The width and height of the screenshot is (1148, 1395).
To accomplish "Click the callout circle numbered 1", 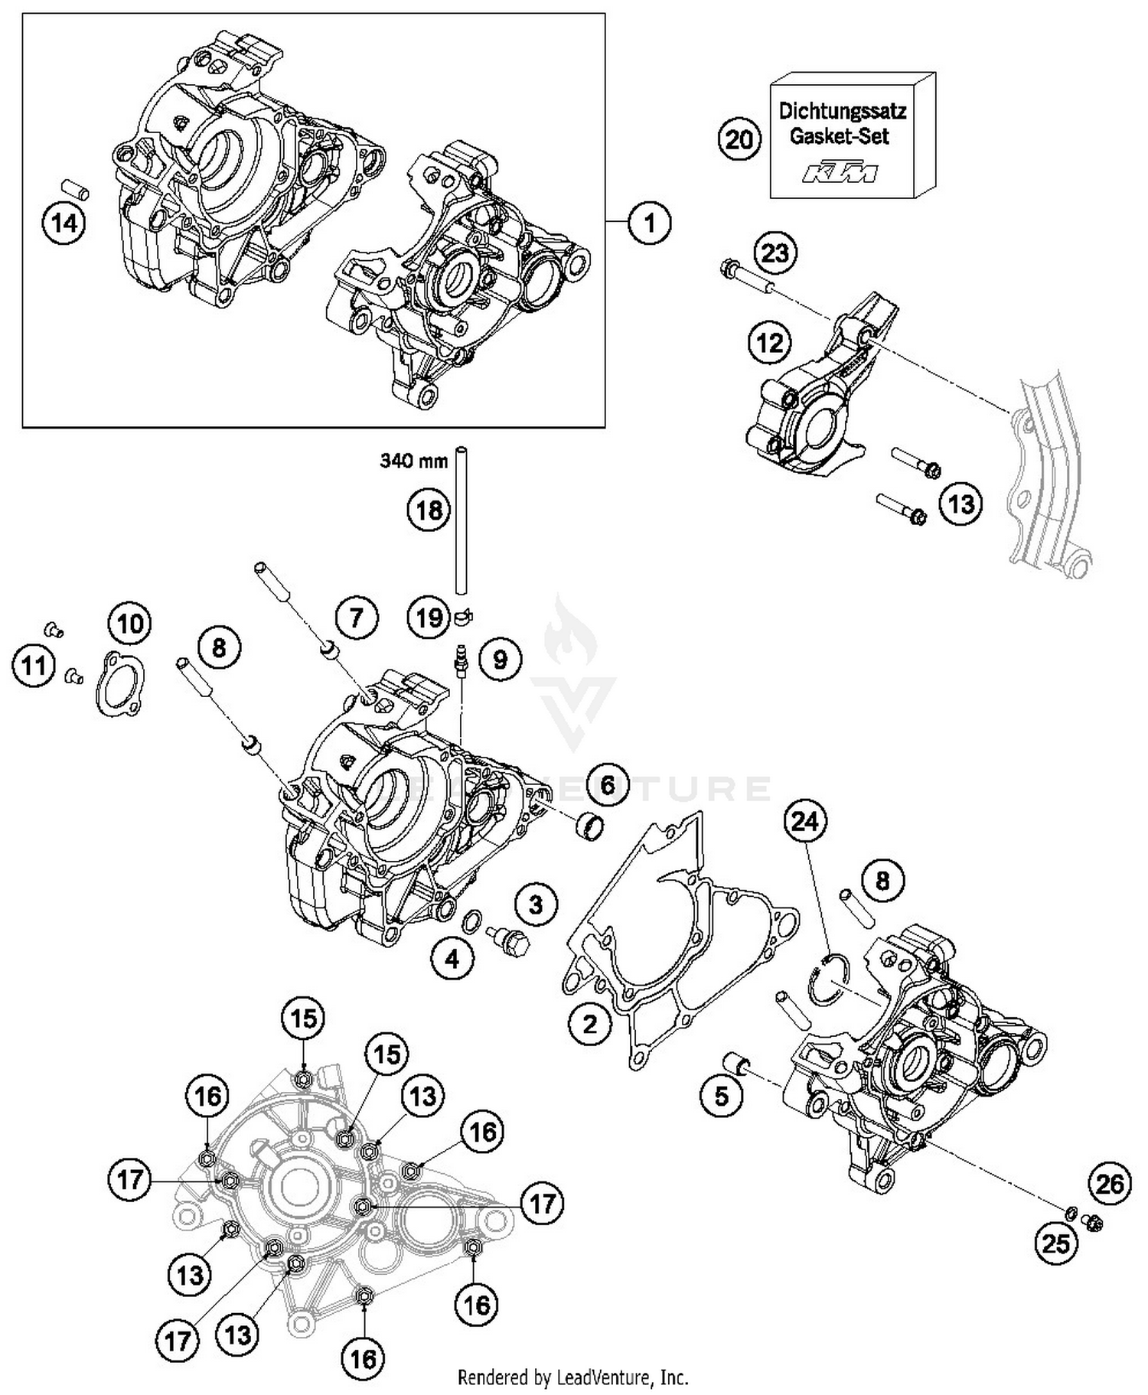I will tap(649, 223).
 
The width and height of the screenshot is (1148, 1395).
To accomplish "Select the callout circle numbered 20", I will tap(739, 140).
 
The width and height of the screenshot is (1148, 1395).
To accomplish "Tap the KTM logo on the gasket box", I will tap(840, 173).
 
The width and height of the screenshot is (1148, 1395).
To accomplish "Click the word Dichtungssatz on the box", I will tap(842, 112).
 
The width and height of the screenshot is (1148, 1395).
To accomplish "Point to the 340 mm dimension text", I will tap(413, 461).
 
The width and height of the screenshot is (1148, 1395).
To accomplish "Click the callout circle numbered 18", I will tap(429, 510).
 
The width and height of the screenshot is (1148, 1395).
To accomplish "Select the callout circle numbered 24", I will tap(805, 822).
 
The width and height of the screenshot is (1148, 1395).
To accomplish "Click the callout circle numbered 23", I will tap(775, 253).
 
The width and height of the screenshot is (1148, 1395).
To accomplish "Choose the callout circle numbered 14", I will tap(64, 223).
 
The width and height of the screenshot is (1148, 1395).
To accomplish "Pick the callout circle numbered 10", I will tap(130, 624).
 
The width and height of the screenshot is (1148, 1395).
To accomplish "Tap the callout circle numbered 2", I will tap(589, 1023).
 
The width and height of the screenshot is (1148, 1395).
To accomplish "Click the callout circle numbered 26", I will tap(1109, 1185).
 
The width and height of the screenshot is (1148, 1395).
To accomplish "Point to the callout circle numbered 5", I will tap(722, 1097).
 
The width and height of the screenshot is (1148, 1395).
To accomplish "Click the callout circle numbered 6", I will tap(607, 784).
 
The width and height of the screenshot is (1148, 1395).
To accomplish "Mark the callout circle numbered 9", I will tap(500, 658).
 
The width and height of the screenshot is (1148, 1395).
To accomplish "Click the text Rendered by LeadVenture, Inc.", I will tap(572, 1377).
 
